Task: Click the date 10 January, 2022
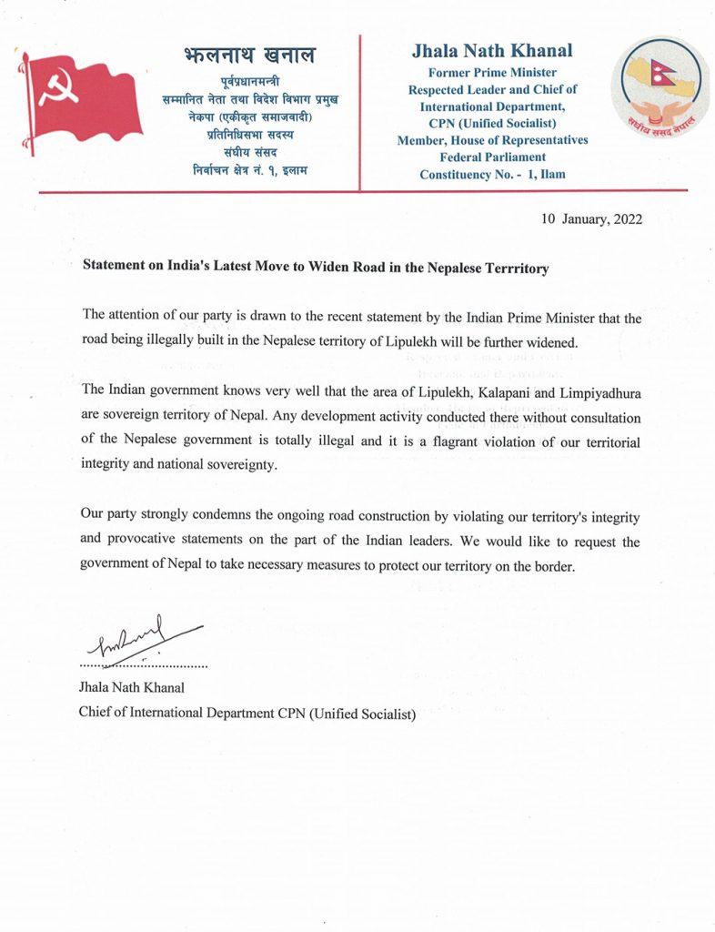coord(591,219)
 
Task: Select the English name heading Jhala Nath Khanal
coord(492,51)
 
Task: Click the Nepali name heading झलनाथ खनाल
coord(248,56)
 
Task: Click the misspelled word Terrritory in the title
coord(513,269)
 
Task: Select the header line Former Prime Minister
coord(492,73)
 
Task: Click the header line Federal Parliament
coord(492,157)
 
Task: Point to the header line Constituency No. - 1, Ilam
coord(492,174)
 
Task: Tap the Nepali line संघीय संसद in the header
coord(248,153)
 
